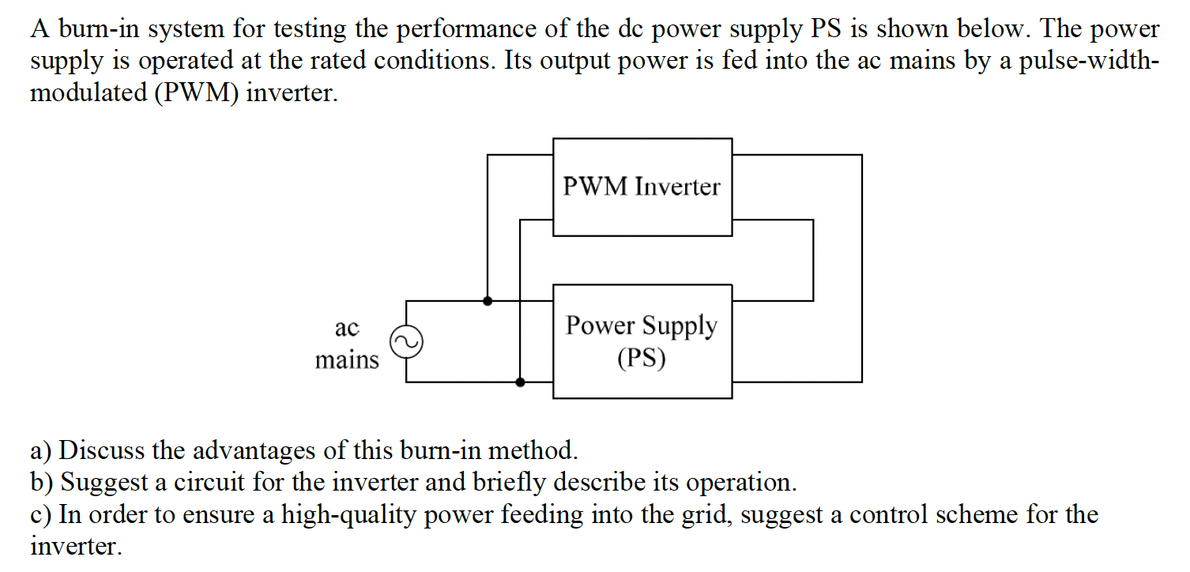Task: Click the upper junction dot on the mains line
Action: click(x=488, y=300)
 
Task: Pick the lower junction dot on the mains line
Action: click(x=520, y=382)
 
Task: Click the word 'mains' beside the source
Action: click(x=347, y=360)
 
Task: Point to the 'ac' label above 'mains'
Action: click(x=347, y=327)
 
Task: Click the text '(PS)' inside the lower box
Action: click(x=642, y=359)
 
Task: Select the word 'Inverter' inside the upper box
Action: click(x=678, y=187)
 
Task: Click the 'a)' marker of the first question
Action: click(x=41, y=451)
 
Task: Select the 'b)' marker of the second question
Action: click(x=42, y=483)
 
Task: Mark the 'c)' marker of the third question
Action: click(x=41, y=515)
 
